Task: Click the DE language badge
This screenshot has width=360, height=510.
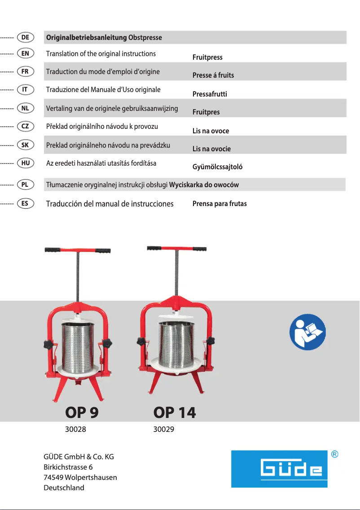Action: click(25, 37)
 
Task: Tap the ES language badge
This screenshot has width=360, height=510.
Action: click(25, 203)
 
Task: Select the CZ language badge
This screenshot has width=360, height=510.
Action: click(25, 126)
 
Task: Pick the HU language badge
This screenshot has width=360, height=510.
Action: click(25, 163)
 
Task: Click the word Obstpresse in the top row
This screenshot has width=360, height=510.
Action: click(145, 38)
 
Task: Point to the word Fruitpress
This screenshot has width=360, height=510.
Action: click(207, 57)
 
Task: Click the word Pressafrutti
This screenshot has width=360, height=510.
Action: click(210, 94)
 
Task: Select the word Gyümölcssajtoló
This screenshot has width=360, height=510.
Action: click(217, 167)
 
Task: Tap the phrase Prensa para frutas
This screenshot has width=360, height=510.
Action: click(220, 204)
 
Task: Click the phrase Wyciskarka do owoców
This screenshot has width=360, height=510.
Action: click(204, 185)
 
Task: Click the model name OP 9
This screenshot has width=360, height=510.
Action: click(82, 412)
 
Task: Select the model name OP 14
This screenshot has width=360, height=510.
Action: click(175, 412)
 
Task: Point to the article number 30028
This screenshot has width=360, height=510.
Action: click(75, 429)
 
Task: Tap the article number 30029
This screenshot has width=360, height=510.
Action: click(164, 429)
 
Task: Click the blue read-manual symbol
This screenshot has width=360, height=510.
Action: click(307, 332)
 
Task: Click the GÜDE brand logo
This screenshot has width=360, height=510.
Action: click(279, 469)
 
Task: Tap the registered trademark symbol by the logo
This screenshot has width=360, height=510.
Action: click(334, 454)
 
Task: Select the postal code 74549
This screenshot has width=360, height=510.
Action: click(53, 477)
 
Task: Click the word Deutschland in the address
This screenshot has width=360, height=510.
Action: click(64, 488)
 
